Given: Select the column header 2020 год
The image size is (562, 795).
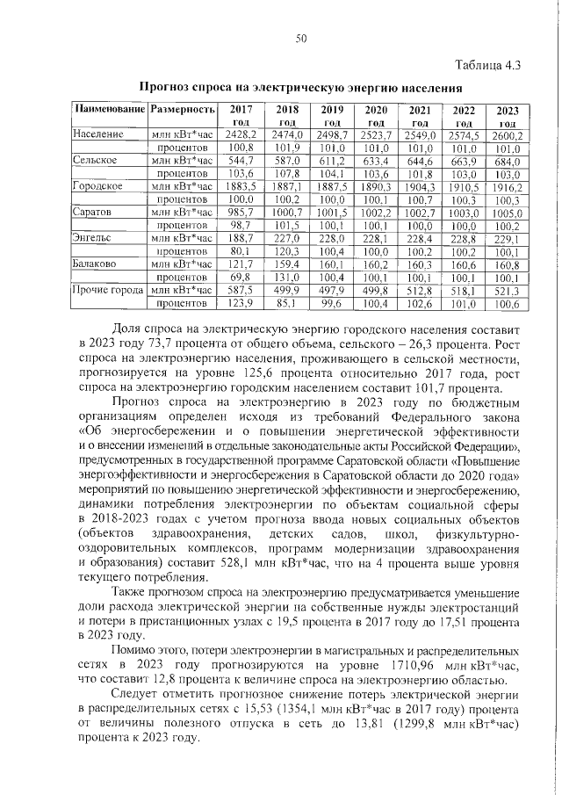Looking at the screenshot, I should tap(376, 116).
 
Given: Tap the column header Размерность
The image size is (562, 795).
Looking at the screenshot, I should tap(182, 110).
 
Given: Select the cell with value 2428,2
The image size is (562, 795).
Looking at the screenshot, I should tap(239, 135).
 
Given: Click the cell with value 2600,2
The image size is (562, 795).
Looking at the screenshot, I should tap(507, 136).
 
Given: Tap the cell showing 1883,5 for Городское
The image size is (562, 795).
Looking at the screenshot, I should tap(239, 187).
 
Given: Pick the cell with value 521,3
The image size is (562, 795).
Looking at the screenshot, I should tap(507, 290).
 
